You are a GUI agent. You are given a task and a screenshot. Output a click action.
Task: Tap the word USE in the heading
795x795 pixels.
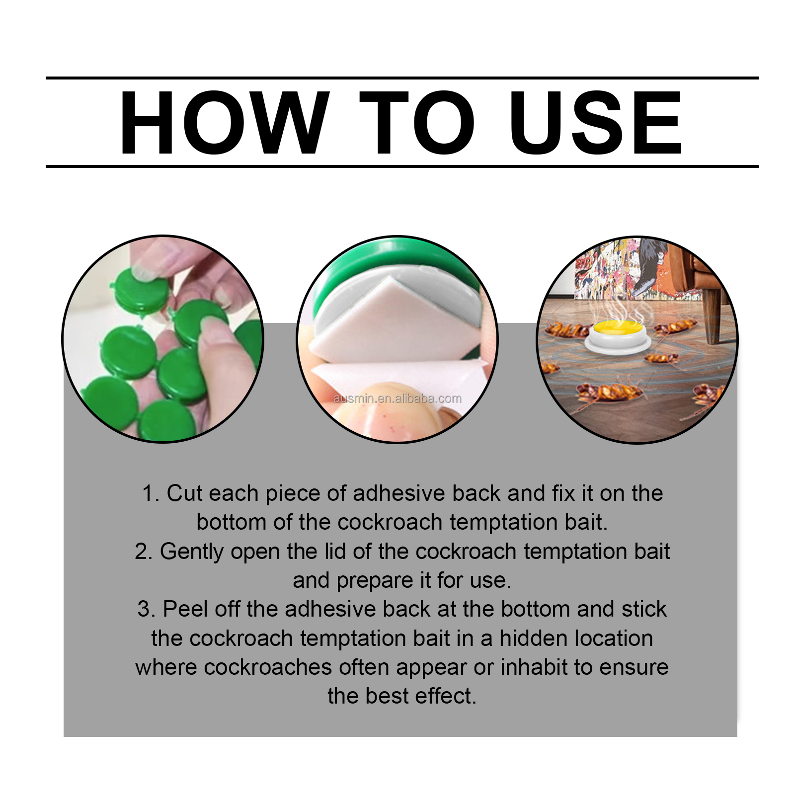click(x=595, y=123)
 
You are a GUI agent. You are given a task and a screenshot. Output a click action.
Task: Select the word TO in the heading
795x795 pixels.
click(x=416, y=123)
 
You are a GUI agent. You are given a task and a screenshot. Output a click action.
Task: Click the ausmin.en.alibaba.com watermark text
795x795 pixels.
click(x=397, y=398)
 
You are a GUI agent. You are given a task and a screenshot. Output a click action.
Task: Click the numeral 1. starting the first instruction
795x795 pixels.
click(x=150, y=494)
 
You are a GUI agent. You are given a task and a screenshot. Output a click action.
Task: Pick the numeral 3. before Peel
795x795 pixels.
click(x=146, y=610)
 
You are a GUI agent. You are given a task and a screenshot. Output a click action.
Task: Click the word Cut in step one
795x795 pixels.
click(x=184, y=494)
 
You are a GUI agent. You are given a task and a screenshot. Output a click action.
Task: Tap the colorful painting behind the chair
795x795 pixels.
click(x=604, y=268)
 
